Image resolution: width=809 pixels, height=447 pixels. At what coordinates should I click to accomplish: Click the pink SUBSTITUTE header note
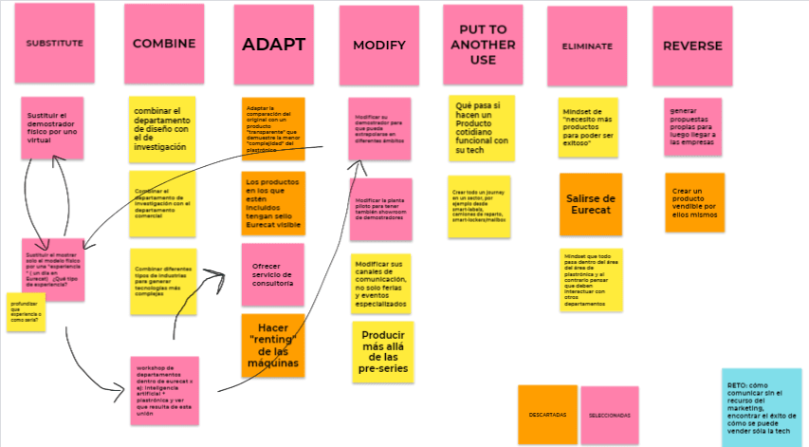(x=54, y=43)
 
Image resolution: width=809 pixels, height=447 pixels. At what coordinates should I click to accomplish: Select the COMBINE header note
(x=164, y=43)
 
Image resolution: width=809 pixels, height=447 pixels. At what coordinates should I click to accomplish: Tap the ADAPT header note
(x=273, y=44)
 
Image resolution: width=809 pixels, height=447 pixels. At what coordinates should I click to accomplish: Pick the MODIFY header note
(x=378, y=45)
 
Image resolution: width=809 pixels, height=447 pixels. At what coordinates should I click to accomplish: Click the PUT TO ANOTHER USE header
(x=483, y=44)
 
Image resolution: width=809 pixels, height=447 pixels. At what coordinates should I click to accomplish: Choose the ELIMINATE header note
(x=587, y=46)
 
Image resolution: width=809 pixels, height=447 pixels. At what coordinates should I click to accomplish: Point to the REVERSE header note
(x=692, y=46)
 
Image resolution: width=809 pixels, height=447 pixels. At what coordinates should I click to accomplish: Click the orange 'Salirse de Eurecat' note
(x=590, y=203)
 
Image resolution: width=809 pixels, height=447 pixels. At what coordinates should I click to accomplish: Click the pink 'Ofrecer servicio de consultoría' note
(x=272, y=274)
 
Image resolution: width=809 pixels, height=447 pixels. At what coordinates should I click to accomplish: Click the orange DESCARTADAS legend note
(x=548, y=415)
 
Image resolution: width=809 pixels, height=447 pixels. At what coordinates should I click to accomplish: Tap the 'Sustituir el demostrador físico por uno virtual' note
(x=52, y=127)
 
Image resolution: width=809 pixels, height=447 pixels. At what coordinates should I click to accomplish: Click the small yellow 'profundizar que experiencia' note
(x=26, y=312)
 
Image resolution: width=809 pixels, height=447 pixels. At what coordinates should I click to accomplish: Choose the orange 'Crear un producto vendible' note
(x=694, y=201)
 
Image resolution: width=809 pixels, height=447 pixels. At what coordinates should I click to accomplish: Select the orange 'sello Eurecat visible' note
(x=273, y=201)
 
